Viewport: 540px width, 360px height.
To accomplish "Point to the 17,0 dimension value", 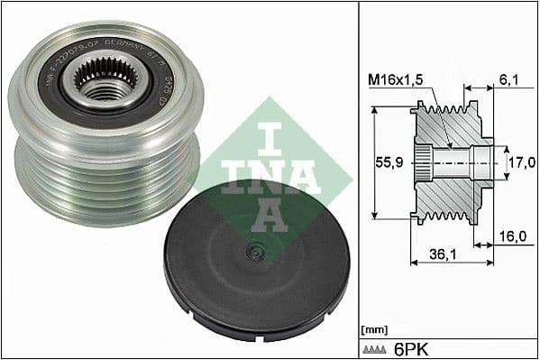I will pyautogui.click(x=518, y=164).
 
